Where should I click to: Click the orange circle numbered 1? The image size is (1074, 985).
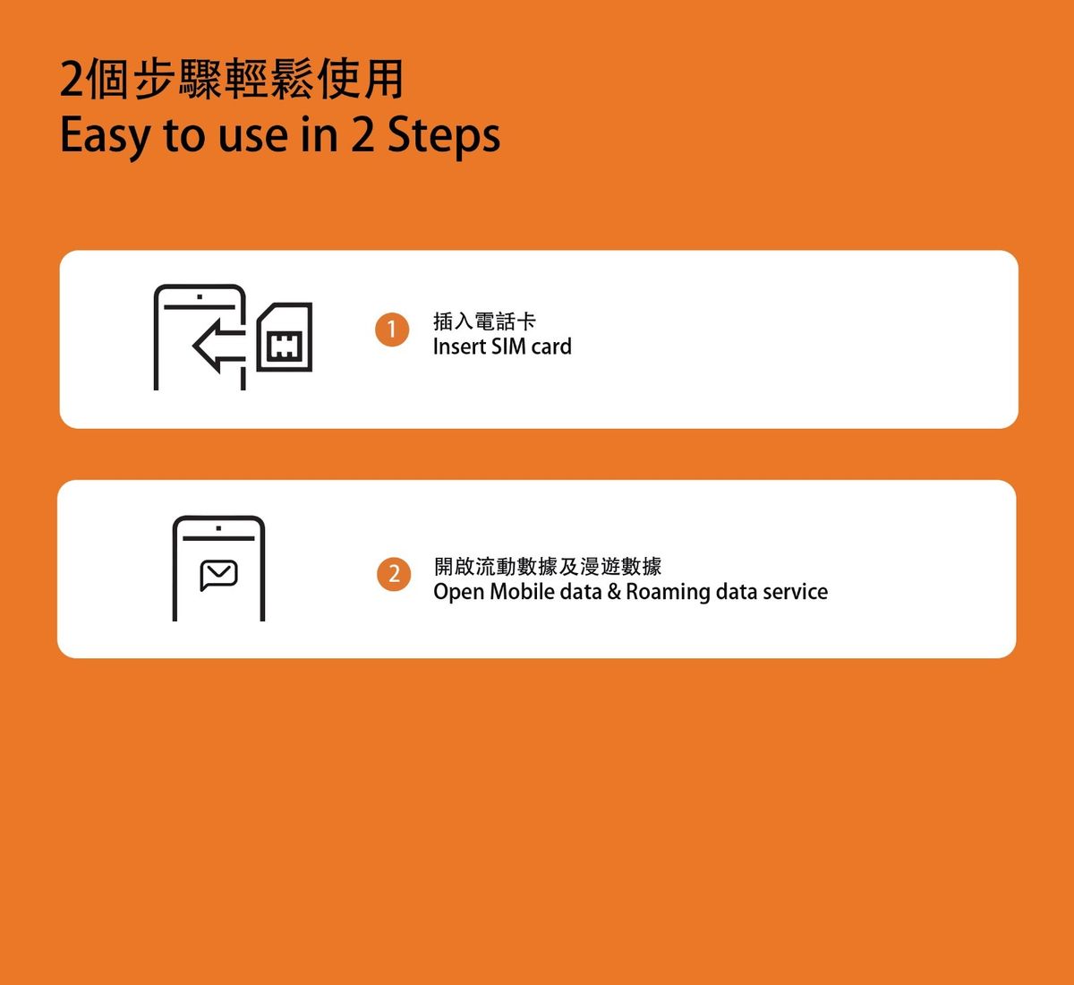coord(392,330)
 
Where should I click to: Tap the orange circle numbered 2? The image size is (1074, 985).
coord(394,574)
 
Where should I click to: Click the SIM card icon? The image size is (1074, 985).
coord(285,337)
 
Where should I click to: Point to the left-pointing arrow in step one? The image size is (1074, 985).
coord(218,347)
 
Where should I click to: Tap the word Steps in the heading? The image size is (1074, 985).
coord(444,137)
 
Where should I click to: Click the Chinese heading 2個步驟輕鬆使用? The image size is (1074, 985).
coord(231,80)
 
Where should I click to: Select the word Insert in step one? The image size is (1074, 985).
coord(459,347)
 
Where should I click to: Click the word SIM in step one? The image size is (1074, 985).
coord(508,347)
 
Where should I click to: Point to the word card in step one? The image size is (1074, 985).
coord(551,347)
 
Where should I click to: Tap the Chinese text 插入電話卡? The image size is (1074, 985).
coord(484,321)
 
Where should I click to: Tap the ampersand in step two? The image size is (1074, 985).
coord(614,592)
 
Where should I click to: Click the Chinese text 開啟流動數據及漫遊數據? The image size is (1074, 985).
coord(548,566)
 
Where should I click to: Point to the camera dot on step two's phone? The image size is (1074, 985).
coord(218,527)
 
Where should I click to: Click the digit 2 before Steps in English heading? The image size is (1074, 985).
coord(362,135)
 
